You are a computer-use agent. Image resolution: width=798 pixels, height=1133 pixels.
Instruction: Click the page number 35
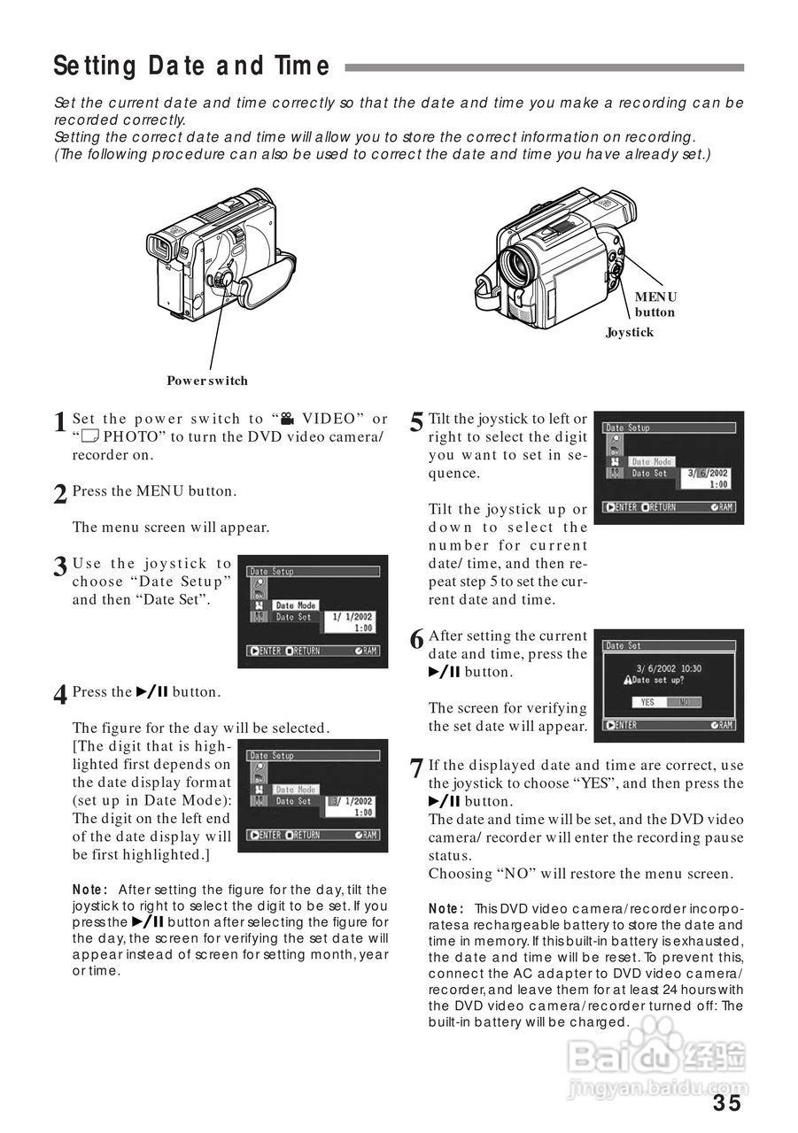(x=726, y=1103)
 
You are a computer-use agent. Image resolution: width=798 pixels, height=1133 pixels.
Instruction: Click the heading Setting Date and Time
(x=191, y=66)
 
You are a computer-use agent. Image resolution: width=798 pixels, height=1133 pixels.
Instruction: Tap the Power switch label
(x=207, y=381)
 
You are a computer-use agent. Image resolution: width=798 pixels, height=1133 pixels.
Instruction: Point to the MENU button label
(x=655, y=304)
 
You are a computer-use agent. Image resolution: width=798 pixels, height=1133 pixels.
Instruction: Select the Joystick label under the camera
(x=629, y=332)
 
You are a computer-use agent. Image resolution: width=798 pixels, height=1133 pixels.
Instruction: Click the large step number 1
(x=60, y=423)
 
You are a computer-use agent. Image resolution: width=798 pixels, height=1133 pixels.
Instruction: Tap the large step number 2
(x=60, y=495)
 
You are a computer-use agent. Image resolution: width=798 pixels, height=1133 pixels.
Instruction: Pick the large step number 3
(x=60, y=567)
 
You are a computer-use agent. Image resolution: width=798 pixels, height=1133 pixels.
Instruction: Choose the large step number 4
(x=60, y=696)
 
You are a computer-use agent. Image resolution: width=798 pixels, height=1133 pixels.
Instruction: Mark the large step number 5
(x=416, y=423)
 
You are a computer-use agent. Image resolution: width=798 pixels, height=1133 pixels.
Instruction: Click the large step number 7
(x=416, y=769)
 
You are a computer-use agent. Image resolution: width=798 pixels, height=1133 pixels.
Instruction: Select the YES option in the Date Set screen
(x=647, y=702)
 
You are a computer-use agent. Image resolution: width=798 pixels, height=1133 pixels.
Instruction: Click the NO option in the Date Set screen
(x=683, y=702)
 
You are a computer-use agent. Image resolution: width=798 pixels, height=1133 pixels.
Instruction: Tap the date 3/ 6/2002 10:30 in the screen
(x=669, y=668)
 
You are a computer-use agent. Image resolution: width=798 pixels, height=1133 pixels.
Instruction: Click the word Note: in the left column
(x=89, y=890)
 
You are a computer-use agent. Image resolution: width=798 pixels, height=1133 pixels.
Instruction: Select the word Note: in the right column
(x=445, y=909)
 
